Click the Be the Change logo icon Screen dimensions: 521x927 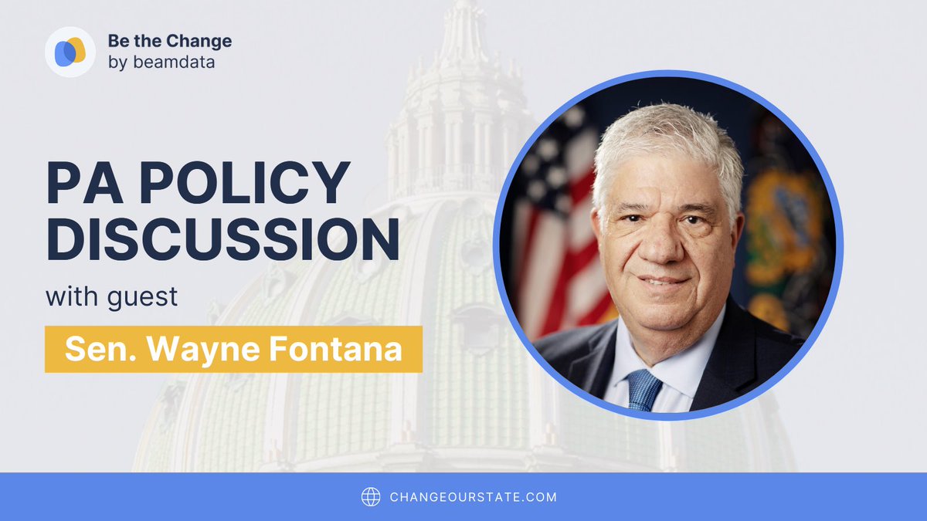tap(70, 52)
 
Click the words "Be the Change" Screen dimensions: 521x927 tap(169, 42)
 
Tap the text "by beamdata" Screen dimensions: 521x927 tap(161, 62)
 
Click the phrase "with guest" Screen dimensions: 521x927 tap(111, 296)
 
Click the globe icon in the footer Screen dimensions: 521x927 tap(371, 496)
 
